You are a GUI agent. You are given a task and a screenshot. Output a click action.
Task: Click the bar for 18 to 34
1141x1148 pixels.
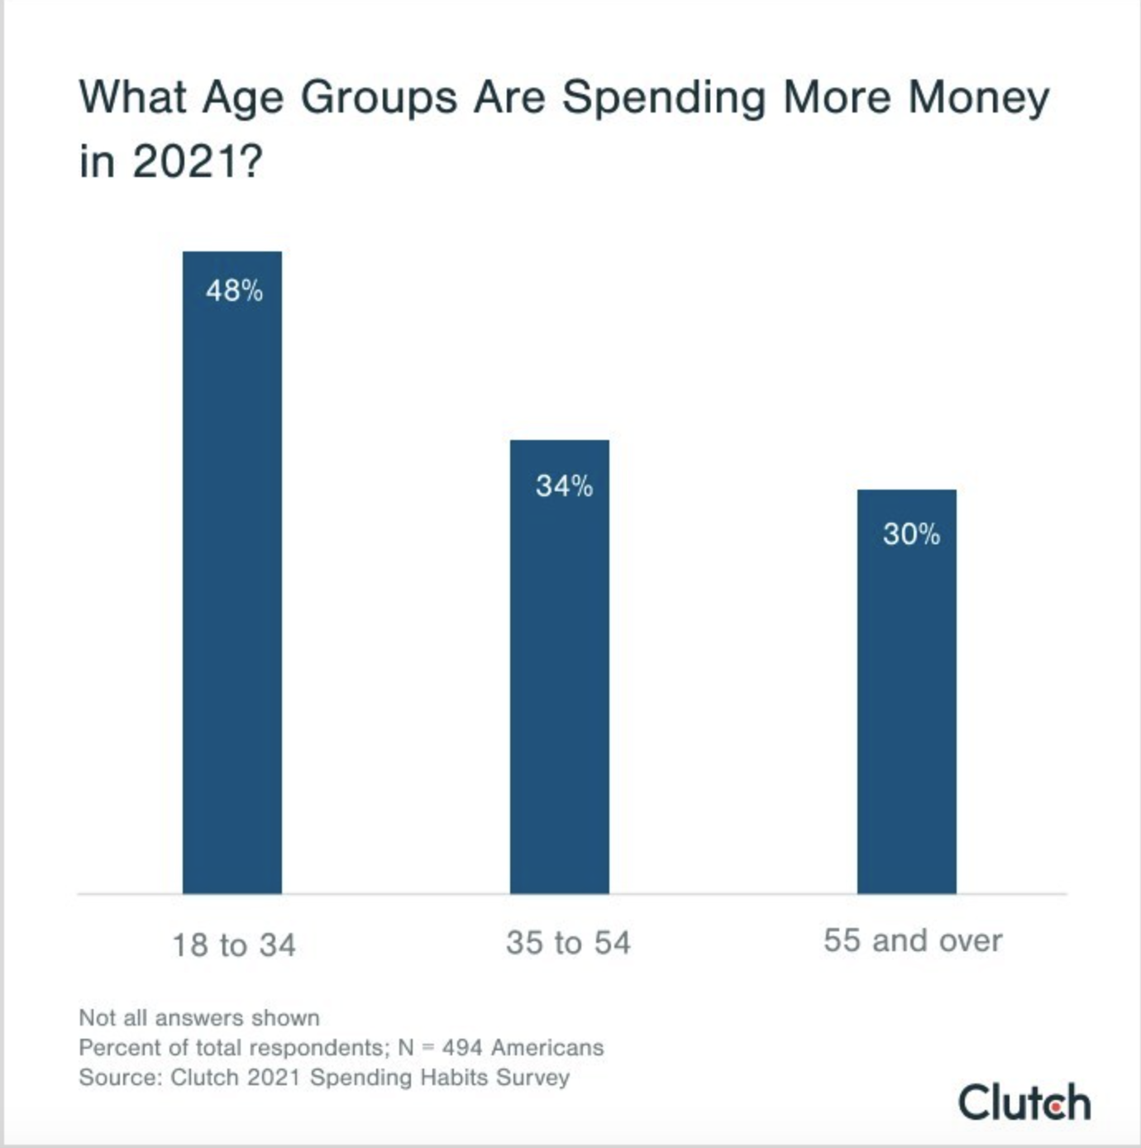(x=232, y=579)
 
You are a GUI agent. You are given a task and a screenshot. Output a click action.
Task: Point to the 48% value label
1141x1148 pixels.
(x=234, y=291)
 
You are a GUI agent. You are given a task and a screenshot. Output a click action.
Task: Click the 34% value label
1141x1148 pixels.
(x=564, y=486)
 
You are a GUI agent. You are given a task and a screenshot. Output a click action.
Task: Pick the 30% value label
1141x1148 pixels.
(x=911, y=534)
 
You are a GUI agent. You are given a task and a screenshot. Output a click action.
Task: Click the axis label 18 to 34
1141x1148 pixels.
(x=234, y=945)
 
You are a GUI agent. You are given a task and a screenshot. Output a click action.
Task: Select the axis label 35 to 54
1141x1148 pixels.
(x=568, y=943)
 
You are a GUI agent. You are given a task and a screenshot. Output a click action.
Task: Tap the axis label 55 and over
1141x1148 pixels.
(x=913, y=940)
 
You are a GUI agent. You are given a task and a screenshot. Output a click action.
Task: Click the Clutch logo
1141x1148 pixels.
(x=1024, y=1103)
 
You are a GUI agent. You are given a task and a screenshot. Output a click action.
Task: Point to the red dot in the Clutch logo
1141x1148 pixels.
(x=1055, y=1106)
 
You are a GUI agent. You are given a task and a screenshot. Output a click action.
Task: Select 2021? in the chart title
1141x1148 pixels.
(x=197, y=160)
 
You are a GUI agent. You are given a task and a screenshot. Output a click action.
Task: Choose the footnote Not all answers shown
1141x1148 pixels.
(x=199, y=1017)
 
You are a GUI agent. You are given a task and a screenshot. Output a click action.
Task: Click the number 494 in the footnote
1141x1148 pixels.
(x=462, y=1048)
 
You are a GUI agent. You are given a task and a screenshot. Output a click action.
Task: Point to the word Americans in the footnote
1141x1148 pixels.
(x=547, y=1048)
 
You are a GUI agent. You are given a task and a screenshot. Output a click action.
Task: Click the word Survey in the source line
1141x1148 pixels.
(x=533, y=1078)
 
